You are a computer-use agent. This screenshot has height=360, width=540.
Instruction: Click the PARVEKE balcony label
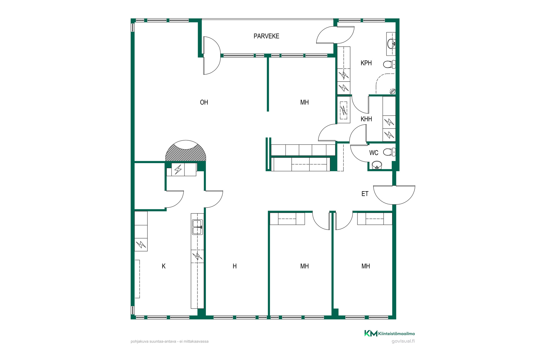[266, 36]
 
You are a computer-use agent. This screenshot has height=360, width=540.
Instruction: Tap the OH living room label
[204, 102]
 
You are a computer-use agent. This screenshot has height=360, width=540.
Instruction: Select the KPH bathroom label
[366, 63]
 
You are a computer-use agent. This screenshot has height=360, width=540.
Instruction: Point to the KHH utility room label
[366, 119]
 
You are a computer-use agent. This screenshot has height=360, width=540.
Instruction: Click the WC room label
[373, 153]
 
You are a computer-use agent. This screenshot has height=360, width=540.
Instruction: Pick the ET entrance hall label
[365, 194]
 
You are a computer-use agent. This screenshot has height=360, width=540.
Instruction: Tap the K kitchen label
[164, 266]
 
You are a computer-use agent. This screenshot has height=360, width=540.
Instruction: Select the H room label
[235, 266]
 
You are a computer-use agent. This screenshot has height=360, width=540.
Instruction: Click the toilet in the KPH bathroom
[390, 64]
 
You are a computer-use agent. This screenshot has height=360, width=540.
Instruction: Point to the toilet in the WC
[390, 152]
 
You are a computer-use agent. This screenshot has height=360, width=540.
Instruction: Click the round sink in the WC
[377, 165]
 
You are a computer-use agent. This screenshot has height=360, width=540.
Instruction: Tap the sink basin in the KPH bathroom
[391, 44]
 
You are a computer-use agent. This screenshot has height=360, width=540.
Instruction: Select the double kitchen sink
[197, 227]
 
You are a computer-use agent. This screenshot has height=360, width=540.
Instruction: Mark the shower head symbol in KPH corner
[392, 91]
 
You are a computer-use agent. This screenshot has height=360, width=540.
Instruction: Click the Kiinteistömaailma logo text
[396, 334]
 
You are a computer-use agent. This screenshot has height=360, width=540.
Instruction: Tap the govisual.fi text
[403, 341]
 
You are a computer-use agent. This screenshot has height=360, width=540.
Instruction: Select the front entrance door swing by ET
[394, 195]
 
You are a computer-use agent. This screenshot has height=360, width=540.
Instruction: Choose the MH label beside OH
[305, 102]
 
